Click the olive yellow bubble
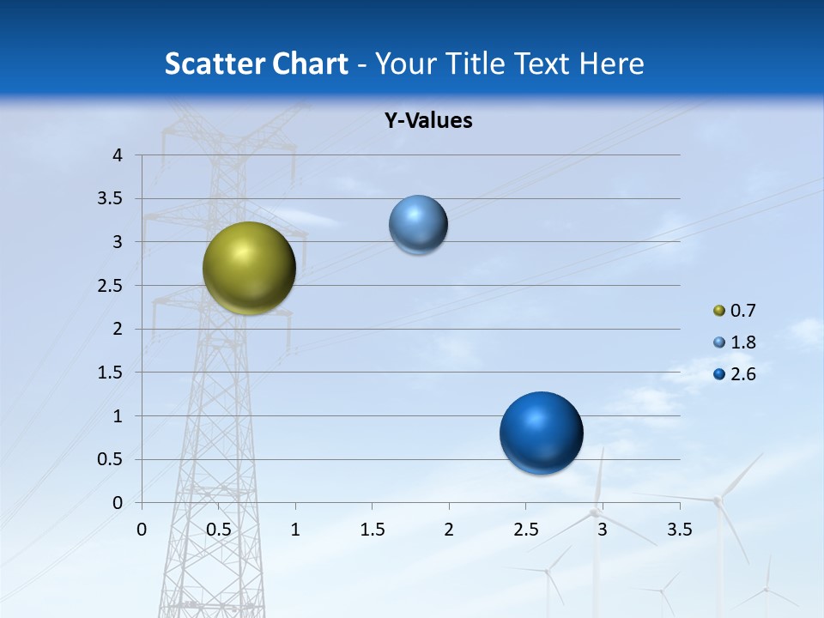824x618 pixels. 250,268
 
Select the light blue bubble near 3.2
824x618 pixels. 418,225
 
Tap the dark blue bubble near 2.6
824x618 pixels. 541,433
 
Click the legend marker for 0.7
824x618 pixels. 719,311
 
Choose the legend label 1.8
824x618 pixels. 742,342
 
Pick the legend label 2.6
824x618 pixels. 742,374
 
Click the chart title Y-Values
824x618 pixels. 428,121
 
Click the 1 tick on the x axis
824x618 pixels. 295,530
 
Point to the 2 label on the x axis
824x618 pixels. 449,530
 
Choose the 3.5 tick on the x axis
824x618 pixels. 679,530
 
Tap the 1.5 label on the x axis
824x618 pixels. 372,530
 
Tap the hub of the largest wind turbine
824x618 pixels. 717,500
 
